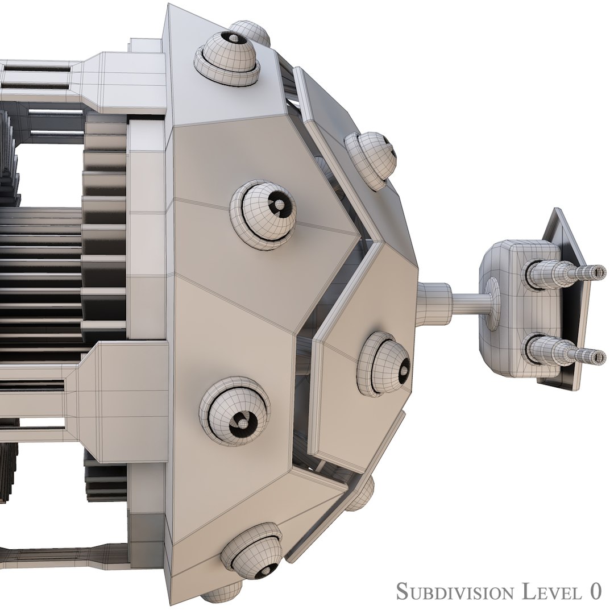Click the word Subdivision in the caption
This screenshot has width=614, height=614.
coord(453,591)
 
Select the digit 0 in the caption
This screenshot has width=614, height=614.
coord(595,591)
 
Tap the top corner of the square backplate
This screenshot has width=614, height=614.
coord(554,211)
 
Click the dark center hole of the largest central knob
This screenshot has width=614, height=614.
coord(279,205)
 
